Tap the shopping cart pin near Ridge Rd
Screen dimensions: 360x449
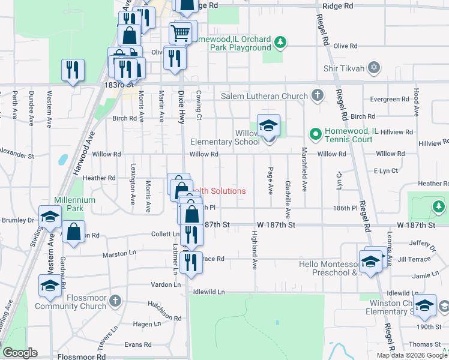click(x=181, y=32)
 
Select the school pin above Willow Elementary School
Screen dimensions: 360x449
click(x=268, y=126)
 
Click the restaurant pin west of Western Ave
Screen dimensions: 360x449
click(x=73, y=70)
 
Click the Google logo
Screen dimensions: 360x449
click(x=20, y=353)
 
